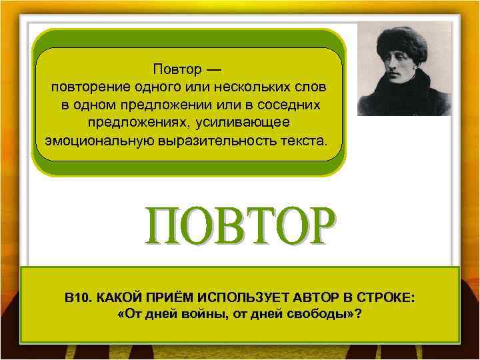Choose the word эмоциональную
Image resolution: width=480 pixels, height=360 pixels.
coord(98,142)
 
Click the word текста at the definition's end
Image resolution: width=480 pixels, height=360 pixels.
coord(304,142)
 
